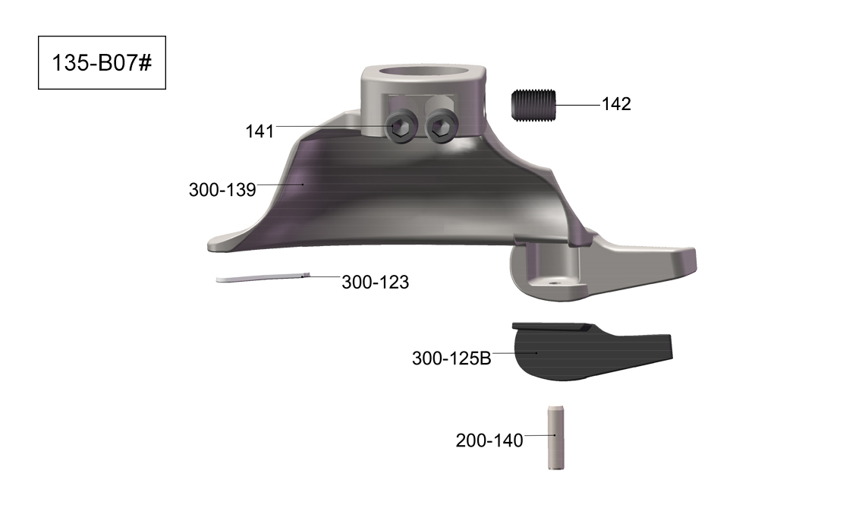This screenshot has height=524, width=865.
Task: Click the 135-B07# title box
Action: point(102,62)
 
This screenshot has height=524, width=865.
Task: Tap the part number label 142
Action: point(615,104)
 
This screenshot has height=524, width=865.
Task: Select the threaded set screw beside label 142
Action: point(533,105)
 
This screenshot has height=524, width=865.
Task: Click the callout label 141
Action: point(259,131)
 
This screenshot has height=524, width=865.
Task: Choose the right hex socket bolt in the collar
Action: point(441,128)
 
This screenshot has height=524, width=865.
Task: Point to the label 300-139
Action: point(222,189)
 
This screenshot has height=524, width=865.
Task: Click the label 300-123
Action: point(375,283)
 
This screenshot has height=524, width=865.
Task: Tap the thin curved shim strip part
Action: point(263,277)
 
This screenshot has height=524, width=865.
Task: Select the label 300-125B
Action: point(451,358)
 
